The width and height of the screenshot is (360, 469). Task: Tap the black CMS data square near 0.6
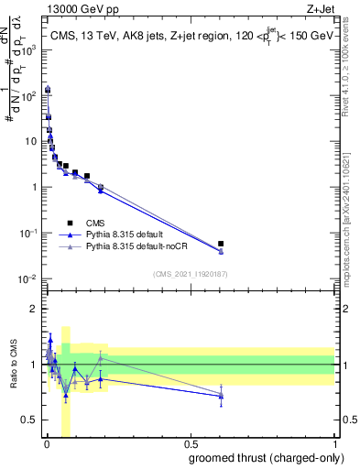point(221,244)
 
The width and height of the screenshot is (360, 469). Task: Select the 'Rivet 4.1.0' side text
point(353,73)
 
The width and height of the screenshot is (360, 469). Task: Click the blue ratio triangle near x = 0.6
point(221,396)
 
